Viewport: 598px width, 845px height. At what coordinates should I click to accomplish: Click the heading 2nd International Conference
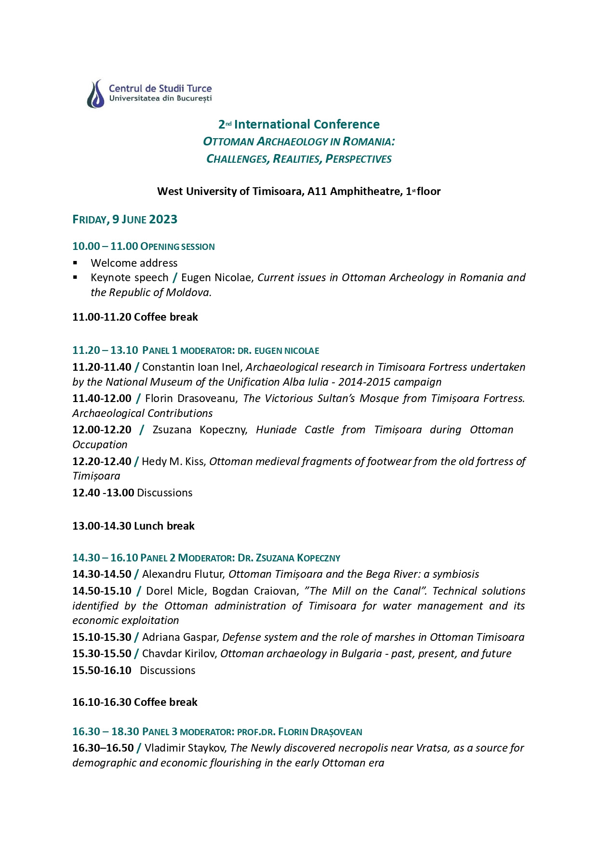[299, 124]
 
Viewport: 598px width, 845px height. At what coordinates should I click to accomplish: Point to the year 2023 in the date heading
[163, 220]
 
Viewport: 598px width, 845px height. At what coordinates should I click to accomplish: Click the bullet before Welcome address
[75, 263]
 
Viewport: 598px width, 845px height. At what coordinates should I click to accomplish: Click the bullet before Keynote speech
[75, 277]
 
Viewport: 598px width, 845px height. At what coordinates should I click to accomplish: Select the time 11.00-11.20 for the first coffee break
[102, 317]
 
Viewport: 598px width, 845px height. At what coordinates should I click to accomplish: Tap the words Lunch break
[164, 526]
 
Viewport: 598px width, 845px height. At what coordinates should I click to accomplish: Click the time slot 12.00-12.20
[102, 429]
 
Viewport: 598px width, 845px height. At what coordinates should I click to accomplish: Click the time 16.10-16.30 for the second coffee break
[102, 702]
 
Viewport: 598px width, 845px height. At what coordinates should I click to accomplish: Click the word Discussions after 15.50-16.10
[168, 670]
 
